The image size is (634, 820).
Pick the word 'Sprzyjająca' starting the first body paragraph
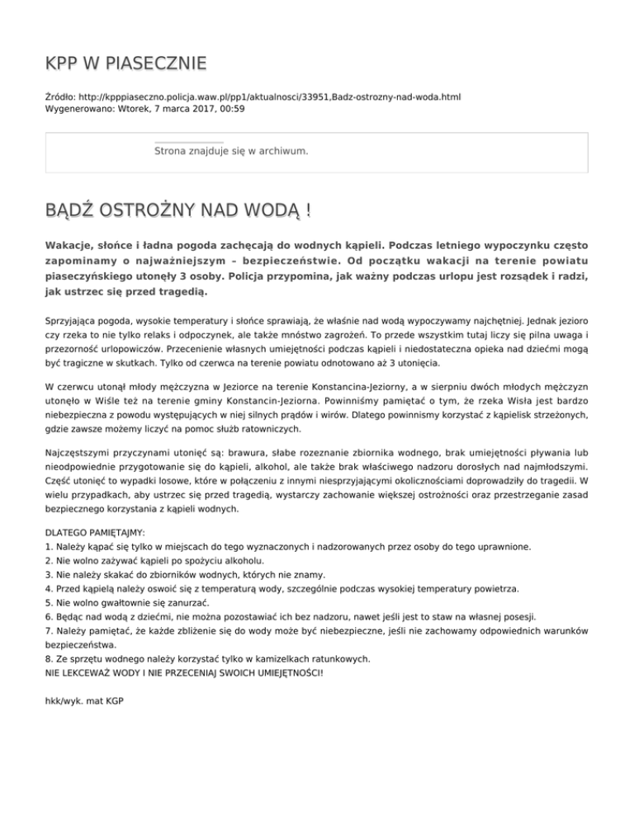click(73, 317)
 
